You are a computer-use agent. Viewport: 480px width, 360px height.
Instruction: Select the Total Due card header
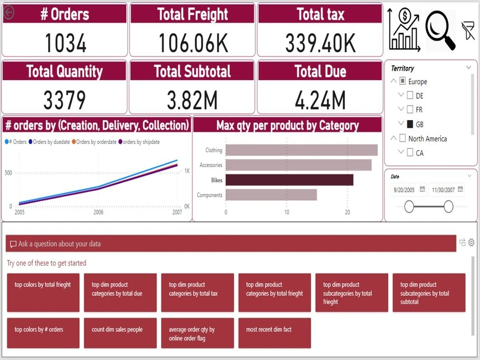[x=320, y=72]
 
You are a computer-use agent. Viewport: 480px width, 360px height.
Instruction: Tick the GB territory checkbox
[x=410, y=124]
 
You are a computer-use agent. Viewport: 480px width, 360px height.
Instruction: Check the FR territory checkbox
[x=410, y=109]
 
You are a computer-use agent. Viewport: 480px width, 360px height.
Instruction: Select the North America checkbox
[x=402, y=139]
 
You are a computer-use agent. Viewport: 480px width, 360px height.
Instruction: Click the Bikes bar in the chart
[x=289, y=180]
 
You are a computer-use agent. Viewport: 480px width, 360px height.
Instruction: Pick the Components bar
[x=271, y=195]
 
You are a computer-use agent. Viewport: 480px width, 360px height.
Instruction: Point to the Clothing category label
[x=214, y=150]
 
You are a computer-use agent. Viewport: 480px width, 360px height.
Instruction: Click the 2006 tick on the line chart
[x=98, y=212]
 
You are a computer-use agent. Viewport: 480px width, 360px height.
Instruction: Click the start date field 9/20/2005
[x=405, y=190]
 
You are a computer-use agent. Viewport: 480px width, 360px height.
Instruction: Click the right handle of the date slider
[x=448, y=206]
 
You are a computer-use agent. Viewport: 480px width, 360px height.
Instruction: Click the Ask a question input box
[x=230, y=244]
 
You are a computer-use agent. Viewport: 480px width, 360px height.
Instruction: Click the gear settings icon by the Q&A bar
[x=471, y=242]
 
